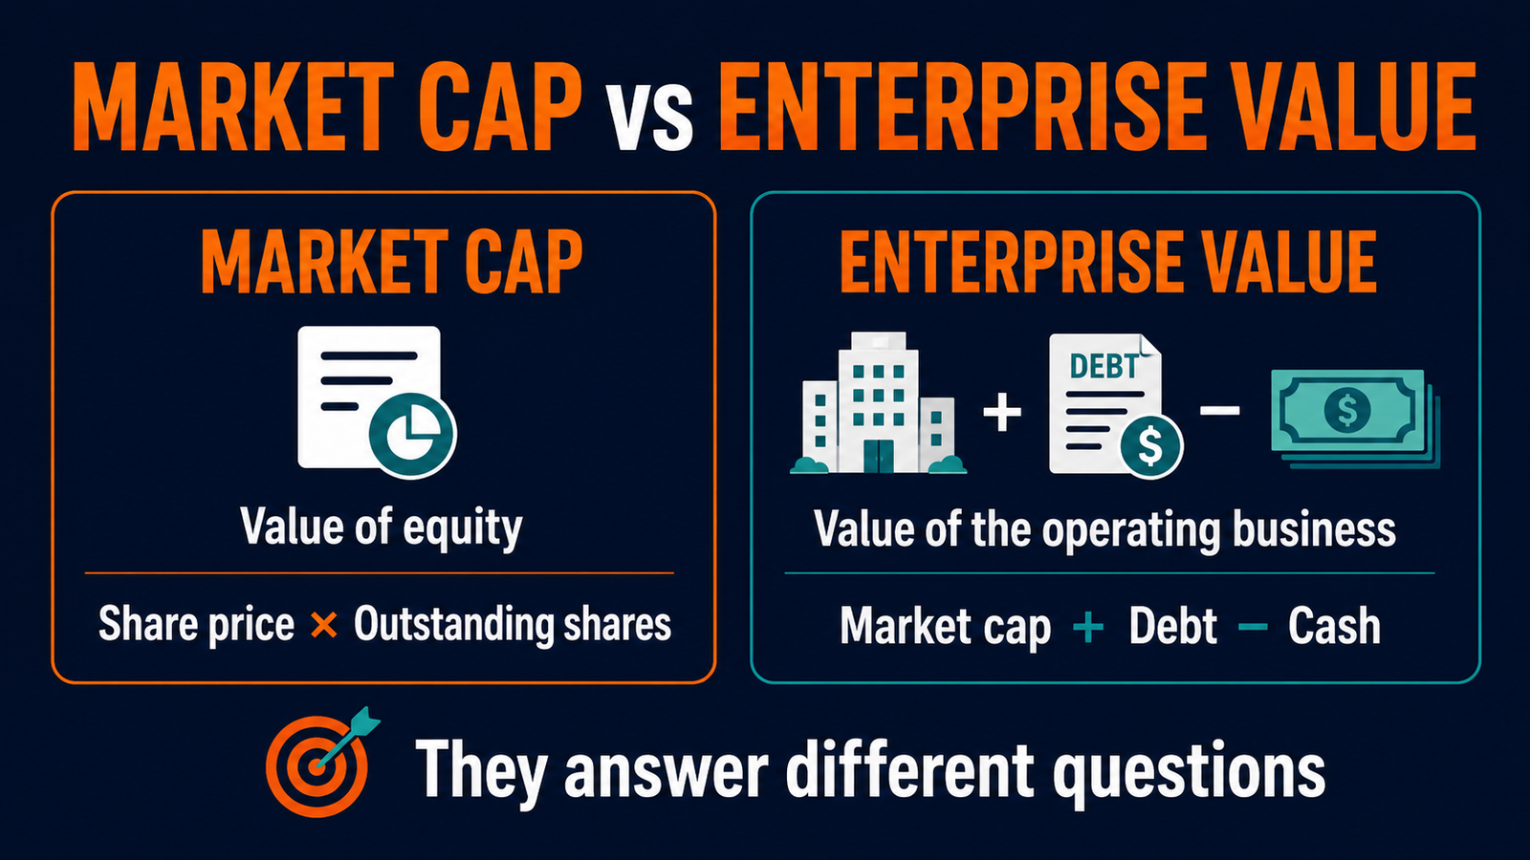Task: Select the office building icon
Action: click(x=879, y=402)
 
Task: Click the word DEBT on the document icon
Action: click(x=1104, y=367)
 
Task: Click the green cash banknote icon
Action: click(x=1355, y=418)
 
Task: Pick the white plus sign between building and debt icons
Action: click(x=1002, y=412)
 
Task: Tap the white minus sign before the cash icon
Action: click(x=1220, y=410)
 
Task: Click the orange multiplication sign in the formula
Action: click(x=324, y=625)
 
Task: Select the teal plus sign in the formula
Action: click(x=1088, y=627)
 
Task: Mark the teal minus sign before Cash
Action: click(x=1253, y=627)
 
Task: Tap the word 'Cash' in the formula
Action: click(x=1334, y=626)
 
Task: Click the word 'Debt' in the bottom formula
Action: click(x=1172, y=626)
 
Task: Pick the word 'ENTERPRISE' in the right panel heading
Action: click(x=1010, y=262)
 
